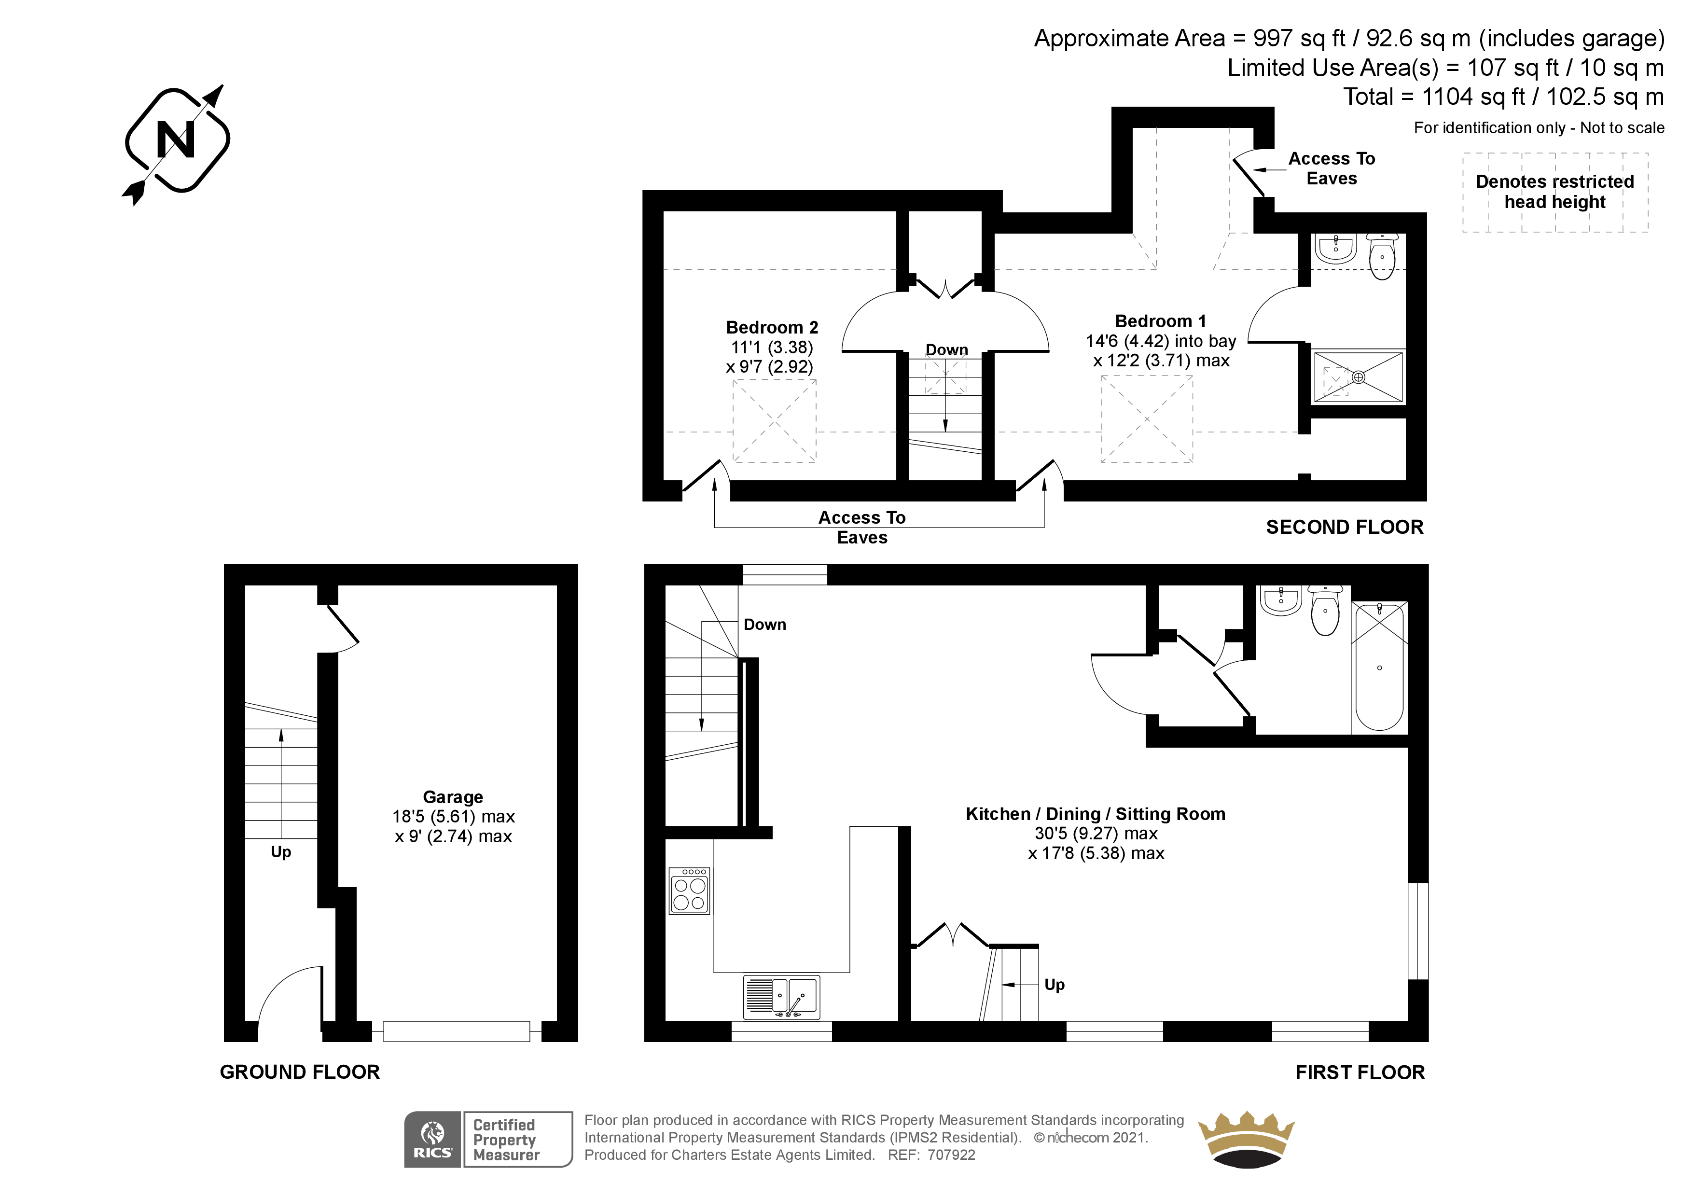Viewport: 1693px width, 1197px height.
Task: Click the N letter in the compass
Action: (x=176, y=139)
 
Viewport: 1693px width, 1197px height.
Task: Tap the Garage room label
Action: (x=453, y=797)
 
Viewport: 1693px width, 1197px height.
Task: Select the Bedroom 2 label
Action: (x=772, y=327)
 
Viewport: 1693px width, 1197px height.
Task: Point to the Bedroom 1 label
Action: (x=1161, y=321)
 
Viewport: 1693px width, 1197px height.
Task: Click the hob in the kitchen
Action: (x=690, y=891)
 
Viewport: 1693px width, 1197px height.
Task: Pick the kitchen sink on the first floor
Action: (x=782, y=996)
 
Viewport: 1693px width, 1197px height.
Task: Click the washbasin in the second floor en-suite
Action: (x=1335, y=249)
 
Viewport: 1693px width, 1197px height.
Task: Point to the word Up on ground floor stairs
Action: (x=281, y=852)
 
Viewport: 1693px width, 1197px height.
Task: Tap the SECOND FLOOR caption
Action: (x=1345, y=528)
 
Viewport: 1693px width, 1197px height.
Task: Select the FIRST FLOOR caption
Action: (x=1360, y=1072)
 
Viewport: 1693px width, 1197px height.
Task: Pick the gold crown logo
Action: (x=1246, y=1140)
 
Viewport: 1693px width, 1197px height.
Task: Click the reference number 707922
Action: (x=951, y=1155)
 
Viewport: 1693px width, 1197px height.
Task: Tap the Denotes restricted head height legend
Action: (x=1555, y=192)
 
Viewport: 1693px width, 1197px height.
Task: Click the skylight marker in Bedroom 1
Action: (x=1147, y=419)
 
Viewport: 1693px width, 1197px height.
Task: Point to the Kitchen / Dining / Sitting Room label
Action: (x=1096, y=814)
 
